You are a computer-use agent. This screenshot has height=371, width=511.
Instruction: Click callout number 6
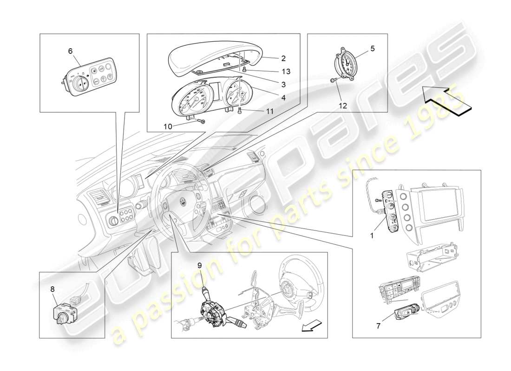click(70, 51)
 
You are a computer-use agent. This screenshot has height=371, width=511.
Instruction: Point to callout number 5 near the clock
click(372, 48)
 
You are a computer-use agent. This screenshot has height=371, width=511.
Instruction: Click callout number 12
click(343, 106)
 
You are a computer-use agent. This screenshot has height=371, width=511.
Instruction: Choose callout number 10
click(168, 126)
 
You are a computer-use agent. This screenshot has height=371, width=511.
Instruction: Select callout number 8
click(52, 288)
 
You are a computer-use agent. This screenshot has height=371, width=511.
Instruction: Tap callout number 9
click(199, 265)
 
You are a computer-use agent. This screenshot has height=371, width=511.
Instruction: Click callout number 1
click(372, 236)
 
